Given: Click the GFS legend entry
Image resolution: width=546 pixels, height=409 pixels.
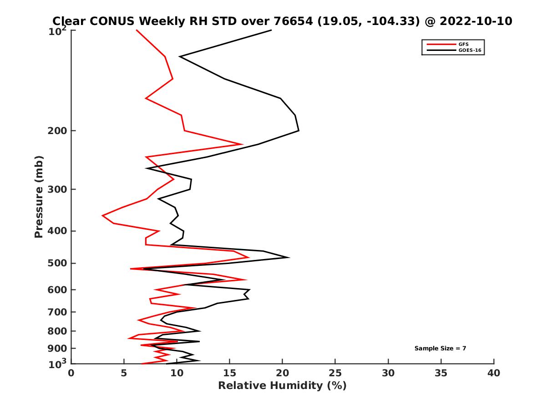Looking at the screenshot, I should (464, 44).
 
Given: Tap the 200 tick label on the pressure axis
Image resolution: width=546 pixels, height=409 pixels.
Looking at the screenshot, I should (57, 131).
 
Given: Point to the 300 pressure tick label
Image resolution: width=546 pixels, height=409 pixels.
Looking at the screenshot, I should (57, 190).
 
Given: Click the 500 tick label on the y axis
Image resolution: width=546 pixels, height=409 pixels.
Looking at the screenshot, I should (57, 264).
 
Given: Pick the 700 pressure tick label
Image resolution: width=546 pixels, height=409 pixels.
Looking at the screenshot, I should (57, 312).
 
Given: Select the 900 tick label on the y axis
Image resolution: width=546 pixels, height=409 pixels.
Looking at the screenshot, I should (57, 349).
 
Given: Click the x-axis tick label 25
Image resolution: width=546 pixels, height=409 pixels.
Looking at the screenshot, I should (335, 373).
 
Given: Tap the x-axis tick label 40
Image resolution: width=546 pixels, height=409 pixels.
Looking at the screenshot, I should (494, 373).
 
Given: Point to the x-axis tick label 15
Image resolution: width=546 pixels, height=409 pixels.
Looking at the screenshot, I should (230, 373).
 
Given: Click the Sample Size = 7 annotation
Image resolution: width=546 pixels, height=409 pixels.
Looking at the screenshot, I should (440, 349).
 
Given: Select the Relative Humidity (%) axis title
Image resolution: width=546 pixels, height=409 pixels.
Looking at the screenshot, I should (282, 386).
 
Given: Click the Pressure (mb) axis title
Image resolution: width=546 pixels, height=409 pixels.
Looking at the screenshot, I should (39, 196).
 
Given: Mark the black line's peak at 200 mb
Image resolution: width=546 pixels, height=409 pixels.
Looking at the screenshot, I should (298, 130).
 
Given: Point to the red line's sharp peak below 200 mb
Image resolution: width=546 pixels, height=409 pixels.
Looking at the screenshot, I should (243, 145).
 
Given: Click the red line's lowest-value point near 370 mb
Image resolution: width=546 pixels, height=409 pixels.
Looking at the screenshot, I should (103, 215).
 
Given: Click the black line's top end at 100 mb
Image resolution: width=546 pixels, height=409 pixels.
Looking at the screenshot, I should (271, 30).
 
